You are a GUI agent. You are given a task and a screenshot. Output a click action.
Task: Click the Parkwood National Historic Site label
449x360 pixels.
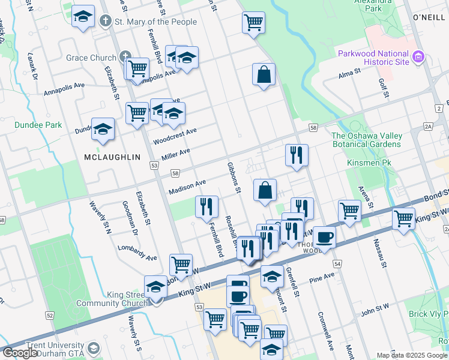coord(373,58)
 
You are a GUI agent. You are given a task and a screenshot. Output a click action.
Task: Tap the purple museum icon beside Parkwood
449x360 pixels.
coord(418,58)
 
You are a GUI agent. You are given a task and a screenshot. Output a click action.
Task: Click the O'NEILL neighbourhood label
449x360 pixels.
coord(428,17)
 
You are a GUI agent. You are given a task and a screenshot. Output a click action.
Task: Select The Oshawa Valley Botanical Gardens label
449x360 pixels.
coord(366,140)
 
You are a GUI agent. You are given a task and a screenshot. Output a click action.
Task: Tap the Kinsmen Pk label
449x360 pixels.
coord(369,163)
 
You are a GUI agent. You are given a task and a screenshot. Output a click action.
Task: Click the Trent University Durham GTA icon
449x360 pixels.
coord(93,348)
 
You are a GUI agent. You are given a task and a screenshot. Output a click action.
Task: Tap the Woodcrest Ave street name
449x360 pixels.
coord(175,136)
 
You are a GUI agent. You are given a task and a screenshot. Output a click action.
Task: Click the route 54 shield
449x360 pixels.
coord(337,264)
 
